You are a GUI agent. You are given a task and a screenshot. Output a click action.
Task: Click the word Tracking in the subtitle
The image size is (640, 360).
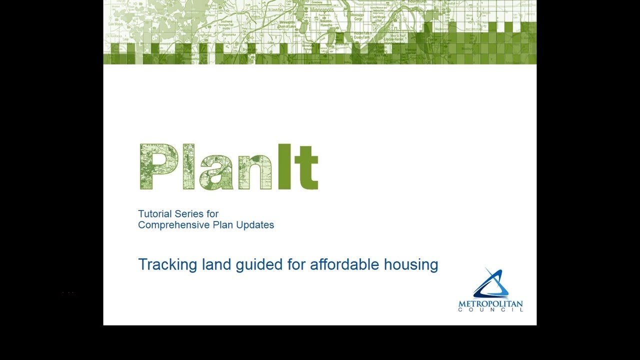[160, 264]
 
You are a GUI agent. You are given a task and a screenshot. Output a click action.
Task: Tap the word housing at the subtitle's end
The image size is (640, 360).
[411, 264]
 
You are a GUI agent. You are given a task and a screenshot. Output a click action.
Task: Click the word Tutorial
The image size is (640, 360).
[153, 214]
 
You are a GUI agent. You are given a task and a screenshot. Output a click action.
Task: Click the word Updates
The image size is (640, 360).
[257, 225]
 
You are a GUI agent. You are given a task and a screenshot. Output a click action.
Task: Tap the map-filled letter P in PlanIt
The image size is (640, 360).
[158, 167]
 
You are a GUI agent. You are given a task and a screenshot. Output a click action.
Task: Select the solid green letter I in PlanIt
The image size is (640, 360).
[284, 167]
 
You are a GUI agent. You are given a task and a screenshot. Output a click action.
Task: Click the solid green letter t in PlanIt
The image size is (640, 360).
[306, 169]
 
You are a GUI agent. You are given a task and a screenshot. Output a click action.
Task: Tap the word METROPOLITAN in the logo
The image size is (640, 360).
[490, 304]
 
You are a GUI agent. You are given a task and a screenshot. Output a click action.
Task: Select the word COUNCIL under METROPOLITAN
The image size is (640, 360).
[490, 310]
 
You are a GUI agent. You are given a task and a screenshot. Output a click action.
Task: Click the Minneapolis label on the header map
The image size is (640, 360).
[322, 9]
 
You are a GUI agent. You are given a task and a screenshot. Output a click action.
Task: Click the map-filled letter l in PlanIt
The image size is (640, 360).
[188, 167]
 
